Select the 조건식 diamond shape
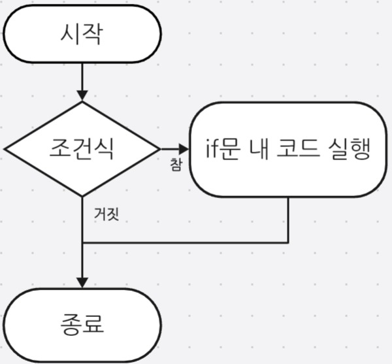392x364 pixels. coord(82,148)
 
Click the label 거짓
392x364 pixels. coord(105,214)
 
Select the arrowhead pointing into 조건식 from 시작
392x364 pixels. coord(82,96)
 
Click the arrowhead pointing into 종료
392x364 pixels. coord(82,282)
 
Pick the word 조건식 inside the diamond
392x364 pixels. coord(82,148)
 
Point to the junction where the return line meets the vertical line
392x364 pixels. coord(82,242)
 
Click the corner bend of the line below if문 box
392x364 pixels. coord(288,242)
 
